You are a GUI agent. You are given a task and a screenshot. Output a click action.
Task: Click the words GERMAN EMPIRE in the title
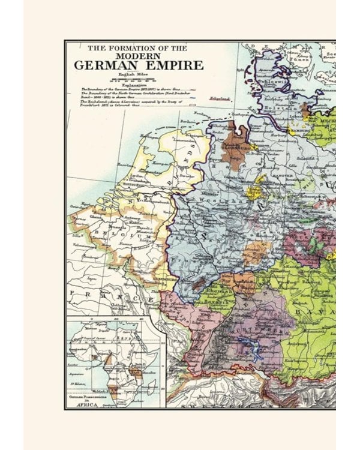(x=139, y=65)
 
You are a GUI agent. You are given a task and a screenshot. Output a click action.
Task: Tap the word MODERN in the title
(x=138, y=55)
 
